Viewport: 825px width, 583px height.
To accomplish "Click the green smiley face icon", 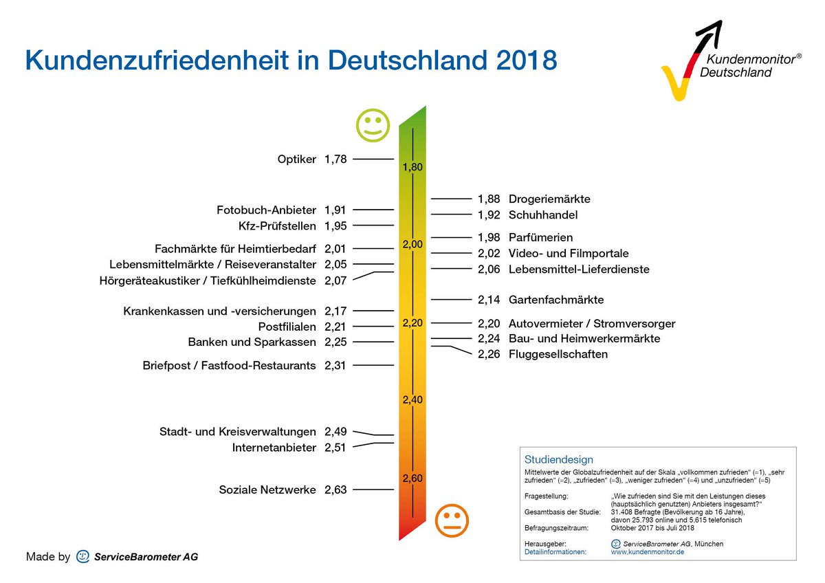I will pos(373,125).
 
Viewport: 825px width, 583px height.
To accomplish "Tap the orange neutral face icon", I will pos(452,521).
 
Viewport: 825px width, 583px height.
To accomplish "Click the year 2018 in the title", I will pos(526,60).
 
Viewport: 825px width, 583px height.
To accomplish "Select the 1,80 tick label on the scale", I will pos(412,167).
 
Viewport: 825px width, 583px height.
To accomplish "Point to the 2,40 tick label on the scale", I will pos(412,399).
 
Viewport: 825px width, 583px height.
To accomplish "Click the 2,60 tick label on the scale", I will pos(412,478).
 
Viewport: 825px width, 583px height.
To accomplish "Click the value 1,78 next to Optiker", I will pos(335,159).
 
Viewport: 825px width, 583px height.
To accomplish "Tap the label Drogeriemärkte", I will pos(549,199).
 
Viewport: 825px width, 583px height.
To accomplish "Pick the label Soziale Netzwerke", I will pos(267,490).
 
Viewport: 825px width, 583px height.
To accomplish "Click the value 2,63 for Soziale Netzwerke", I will pos(335,490).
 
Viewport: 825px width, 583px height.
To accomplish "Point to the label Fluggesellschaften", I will pos(558,355).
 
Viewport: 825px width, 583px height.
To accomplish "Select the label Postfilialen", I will pos(287,327).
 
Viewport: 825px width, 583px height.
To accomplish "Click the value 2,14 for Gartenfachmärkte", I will pos(489,300).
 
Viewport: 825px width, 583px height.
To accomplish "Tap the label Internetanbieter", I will pos(274,448).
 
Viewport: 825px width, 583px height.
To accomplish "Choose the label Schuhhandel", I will pos(543,215).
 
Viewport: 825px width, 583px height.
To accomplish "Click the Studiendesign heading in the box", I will pos(558,459).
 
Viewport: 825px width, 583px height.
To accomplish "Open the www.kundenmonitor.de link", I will pos(647,552).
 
